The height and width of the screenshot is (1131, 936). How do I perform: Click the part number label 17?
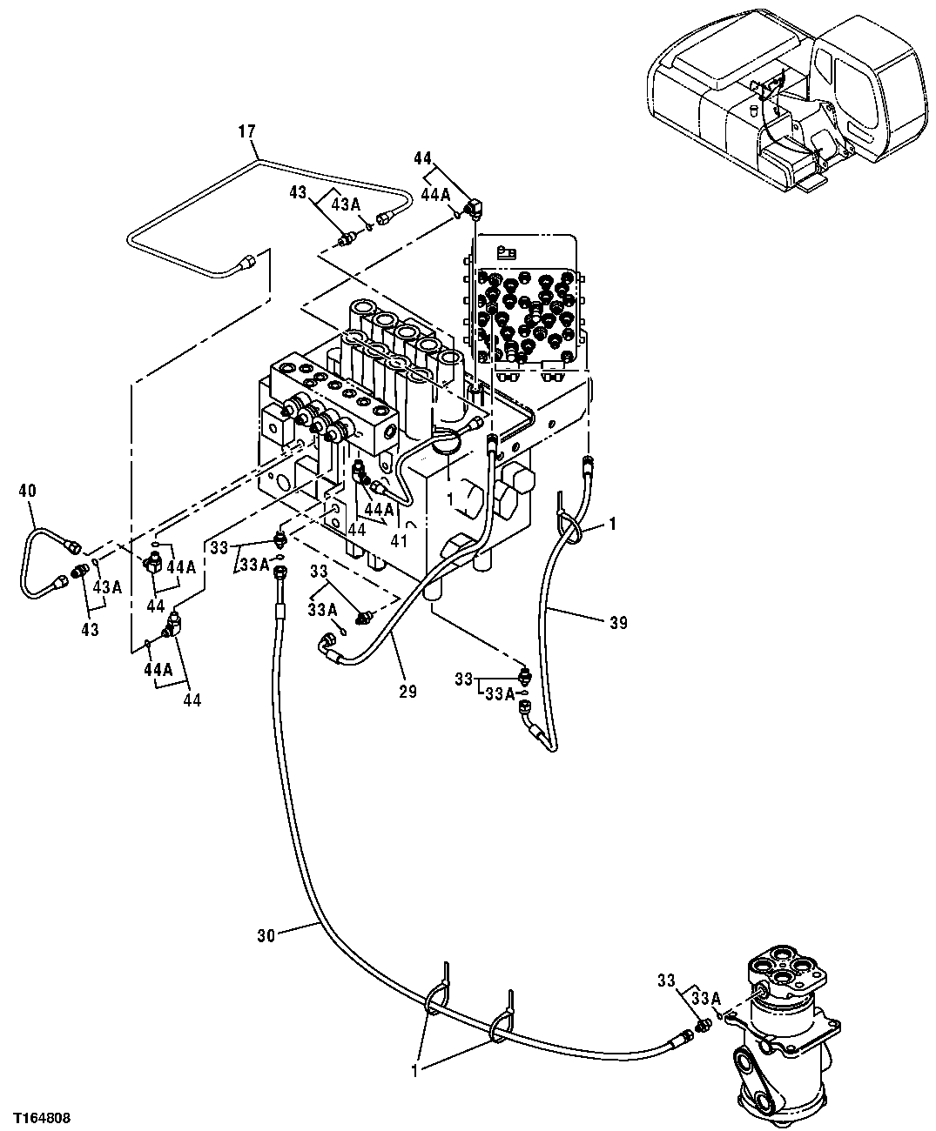(247, 131)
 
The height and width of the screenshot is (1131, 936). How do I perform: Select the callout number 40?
(27, 491)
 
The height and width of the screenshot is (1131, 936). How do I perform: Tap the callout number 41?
(398, 539)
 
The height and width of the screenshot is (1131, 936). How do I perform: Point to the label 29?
(407, 693)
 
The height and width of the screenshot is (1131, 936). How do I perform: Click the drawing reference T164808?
(41, 1115)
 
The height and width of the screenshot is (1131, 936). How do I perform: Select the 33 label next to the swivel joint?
(666, 981)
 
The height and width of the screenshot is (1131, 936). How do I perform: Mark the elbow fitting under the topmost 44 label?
(475, 208)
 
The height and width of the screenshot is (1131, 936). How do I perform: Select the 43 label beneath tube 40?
(90, 630)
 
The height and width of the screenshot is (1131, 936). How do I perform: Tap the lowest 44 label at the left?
(192, 700)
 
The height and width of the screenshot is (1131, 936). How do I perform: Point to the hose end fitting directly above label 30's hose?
(280, 572)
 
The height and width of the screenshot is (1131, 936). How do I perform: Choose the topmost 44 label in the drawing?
(423, 158)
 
